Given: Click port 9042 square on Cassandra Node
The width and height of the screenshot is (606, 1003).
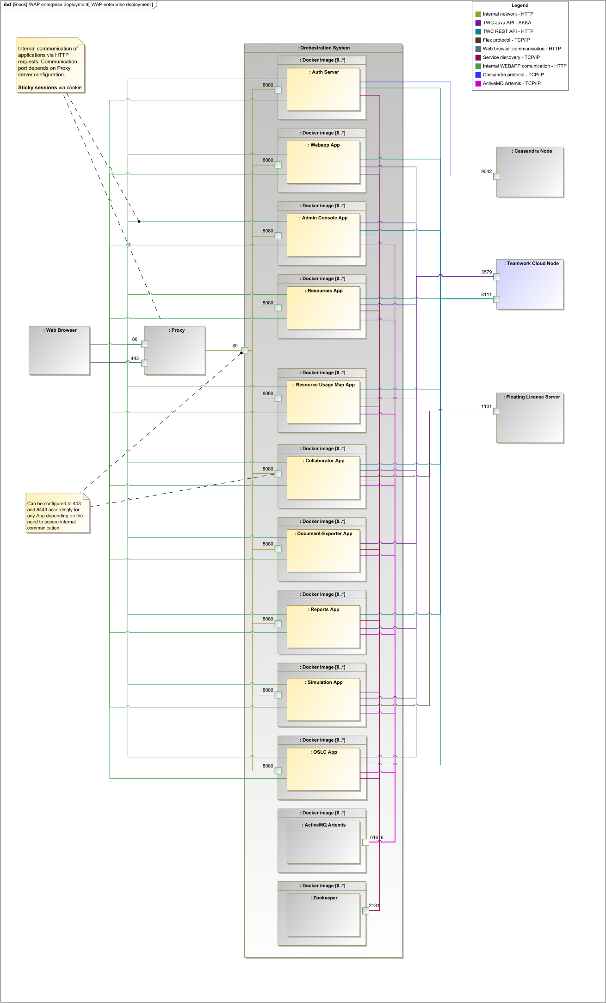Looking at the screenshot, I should (496, 176).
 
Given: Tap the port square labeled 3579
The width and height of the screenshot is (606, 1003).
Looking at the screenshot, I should (496, 277).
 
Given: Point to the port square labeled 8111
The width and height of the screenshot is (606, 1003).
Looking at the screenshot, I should (496, 299).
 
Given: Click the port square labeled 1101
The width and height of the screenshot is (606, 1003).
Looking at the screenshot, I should (496, 411).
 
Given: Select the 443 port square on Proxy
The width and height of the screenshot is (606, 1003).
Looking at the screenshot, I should (144, 363).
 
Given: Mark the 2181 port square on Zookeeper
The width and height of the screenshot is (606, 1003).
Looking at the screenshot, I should (365, 911).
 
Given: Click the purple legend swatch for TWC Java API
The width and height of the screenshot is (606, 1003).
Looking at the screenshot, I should (478, 23).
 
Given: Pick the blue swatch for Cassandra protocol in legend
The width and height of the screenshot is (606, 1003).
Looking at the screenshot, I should (478, 75).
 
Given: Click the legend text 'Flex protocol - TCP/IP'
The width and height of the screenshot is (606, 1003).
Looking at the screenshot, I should (506, 40).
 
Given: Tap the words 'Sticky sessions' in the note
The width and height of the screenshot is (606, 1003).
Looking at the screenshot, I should (37, 87).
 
